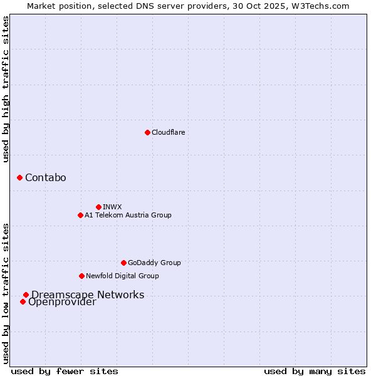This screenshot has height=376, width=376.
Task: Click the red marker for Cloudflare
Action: pyautogui.click(x=147, y=132)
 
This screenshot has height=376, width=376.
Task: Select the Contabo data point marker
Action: pyautogui.click(x=19, y=178)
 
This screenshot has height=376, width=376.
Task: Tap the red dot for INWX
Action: pyautogui.click(x=98, y=207)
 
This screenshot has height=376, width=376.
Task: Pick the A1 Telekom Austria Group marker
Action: pyautogui.click(x=80, y=215)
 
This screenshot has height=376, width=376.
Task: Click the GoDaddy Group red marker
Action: pyautogui.click(x=123, y=263)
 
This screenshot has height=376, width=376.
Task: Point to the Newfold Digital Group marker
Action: pyautogui.click(x=81, y=276)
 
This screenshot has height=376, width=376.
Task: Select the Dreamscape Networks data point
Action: pyautogui.click(x=26, y=295)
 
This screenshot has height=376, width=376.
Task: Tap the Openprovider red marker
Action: pyautogui.click(x=23, y=302)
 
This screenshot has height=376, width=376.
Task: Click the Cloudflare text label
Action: pyautogui.click(x=169, y=132)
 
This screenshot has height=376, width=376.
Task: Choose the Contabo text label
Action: pyautogui.click(x=46, y=178)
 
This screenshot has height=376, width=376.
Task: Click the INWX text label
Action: pyautogui.click(x=112, y=207)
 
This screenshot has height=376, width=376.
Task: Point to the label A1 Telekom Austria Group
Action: pyautogui.click(x=128, y=215)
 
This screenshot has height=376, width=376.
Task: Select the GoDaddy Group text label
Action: pyautogui.click(x=154, y=263)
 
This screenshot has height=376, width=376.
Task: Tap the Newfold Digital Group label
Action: pyautogui.click(x=122, y=276)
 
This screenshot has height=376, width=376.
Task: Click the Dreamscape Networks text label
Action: pyautogui.click(x=88, y=295)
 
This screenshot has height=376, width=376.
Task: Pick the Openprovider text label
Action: pyautogui.click(x=62, y=303)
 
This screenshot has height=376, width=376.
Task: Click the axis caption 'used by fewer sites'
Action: pyautogui.click(x=65, y=371)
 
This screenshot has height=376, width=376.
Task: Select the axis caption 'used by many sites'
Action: pyautogui.click(x=315, y=371)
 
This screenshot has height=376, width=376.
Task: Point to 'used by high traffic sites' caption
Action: pyautogui.click(x=6, y=90)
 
